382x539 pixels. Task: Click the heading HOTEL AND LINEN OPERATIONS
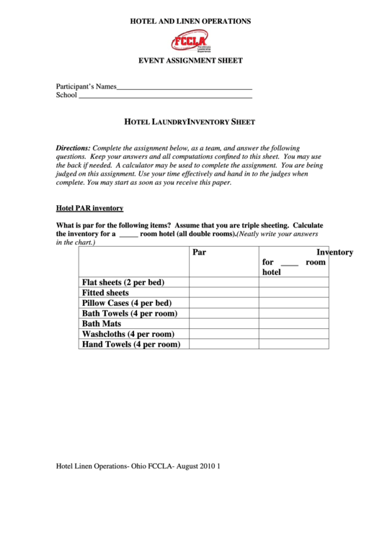click(x=190, y=22)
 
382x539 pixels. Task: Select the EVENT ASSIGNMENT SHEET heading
click(x=190, y=60)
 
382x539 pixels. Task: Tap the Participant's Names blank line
click(x=184, y=88)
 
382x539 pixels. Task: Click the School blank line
click(x=164, y=96)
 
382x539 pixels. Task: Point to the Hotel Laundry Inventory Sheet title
click(x=190, y=122)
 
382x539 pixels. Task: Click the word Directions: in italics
click(x=74, y=147)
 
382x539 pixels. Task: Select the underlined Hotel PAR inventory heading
click(x=89, y=208)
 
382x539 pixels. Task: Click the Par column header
click(x=200, y=253)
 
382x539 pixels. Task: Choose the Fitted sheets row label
click(x=105, y=293)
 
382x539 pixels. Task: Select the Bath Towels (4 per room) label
click(x=130, y=314)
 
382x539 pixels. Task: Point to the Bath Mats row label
click(x=102, y=324)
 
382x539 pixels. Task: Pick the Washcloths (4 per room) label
click(x=128, y=334)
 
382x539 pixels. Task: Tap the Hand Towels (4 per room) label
click(x=130, y=345)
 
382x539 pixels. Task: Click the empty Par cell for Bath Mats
click(x=223, y=324)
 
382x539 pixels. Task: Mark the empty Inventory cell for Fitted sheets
click(x=293, y=293)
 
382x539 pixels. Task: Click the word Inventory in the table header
click(x=334, y=253)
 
